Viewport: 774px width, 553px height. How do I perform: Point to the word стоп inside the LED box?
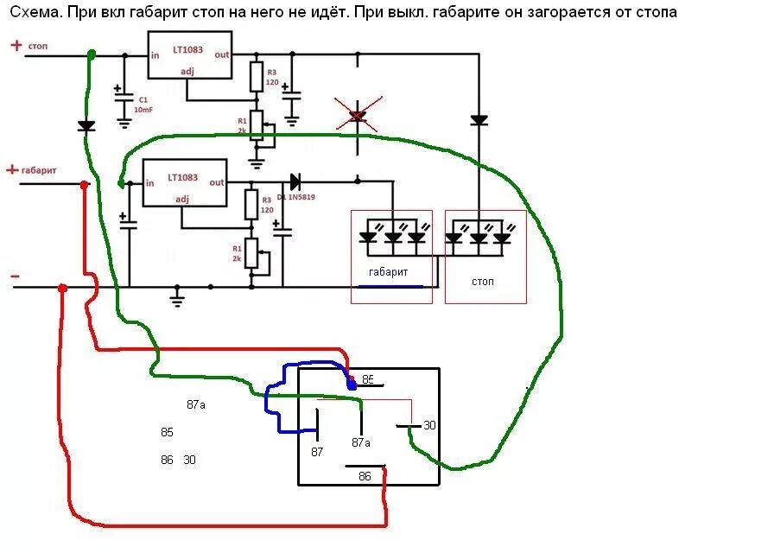pos(484,282)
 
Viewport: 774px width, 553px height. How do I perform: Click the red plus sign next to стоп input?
pos(16,46)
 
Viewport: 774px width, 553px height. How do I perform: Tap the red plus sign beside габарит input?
pos(12,170)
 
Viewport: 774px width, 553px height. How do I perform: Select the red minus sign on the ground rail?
pos(15,276)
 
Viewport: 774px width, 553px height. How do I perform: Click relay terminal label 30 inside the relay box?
pos(429,425)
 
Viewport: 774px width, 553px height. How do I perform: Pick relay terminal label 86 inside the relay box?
pos(365,476)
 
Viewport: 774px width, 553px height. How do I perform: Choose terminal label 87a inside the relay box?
pos(361,442)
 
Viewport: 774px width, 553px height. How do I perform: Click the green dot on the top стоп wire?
pos(92,54)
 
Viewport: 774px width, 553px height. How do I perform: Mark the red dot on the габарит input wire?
pos(84,185)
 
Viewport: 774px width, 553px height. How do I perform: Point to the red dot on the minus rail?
pos(62,289)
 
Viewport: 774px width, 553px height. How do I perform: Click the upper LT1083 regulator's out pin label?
pos(222,54)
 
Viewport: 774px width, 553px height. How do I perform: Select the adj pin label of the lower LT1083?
pos(182,200)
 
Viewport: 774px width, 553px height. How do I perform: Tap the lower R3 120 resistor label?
pos(267,205)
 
